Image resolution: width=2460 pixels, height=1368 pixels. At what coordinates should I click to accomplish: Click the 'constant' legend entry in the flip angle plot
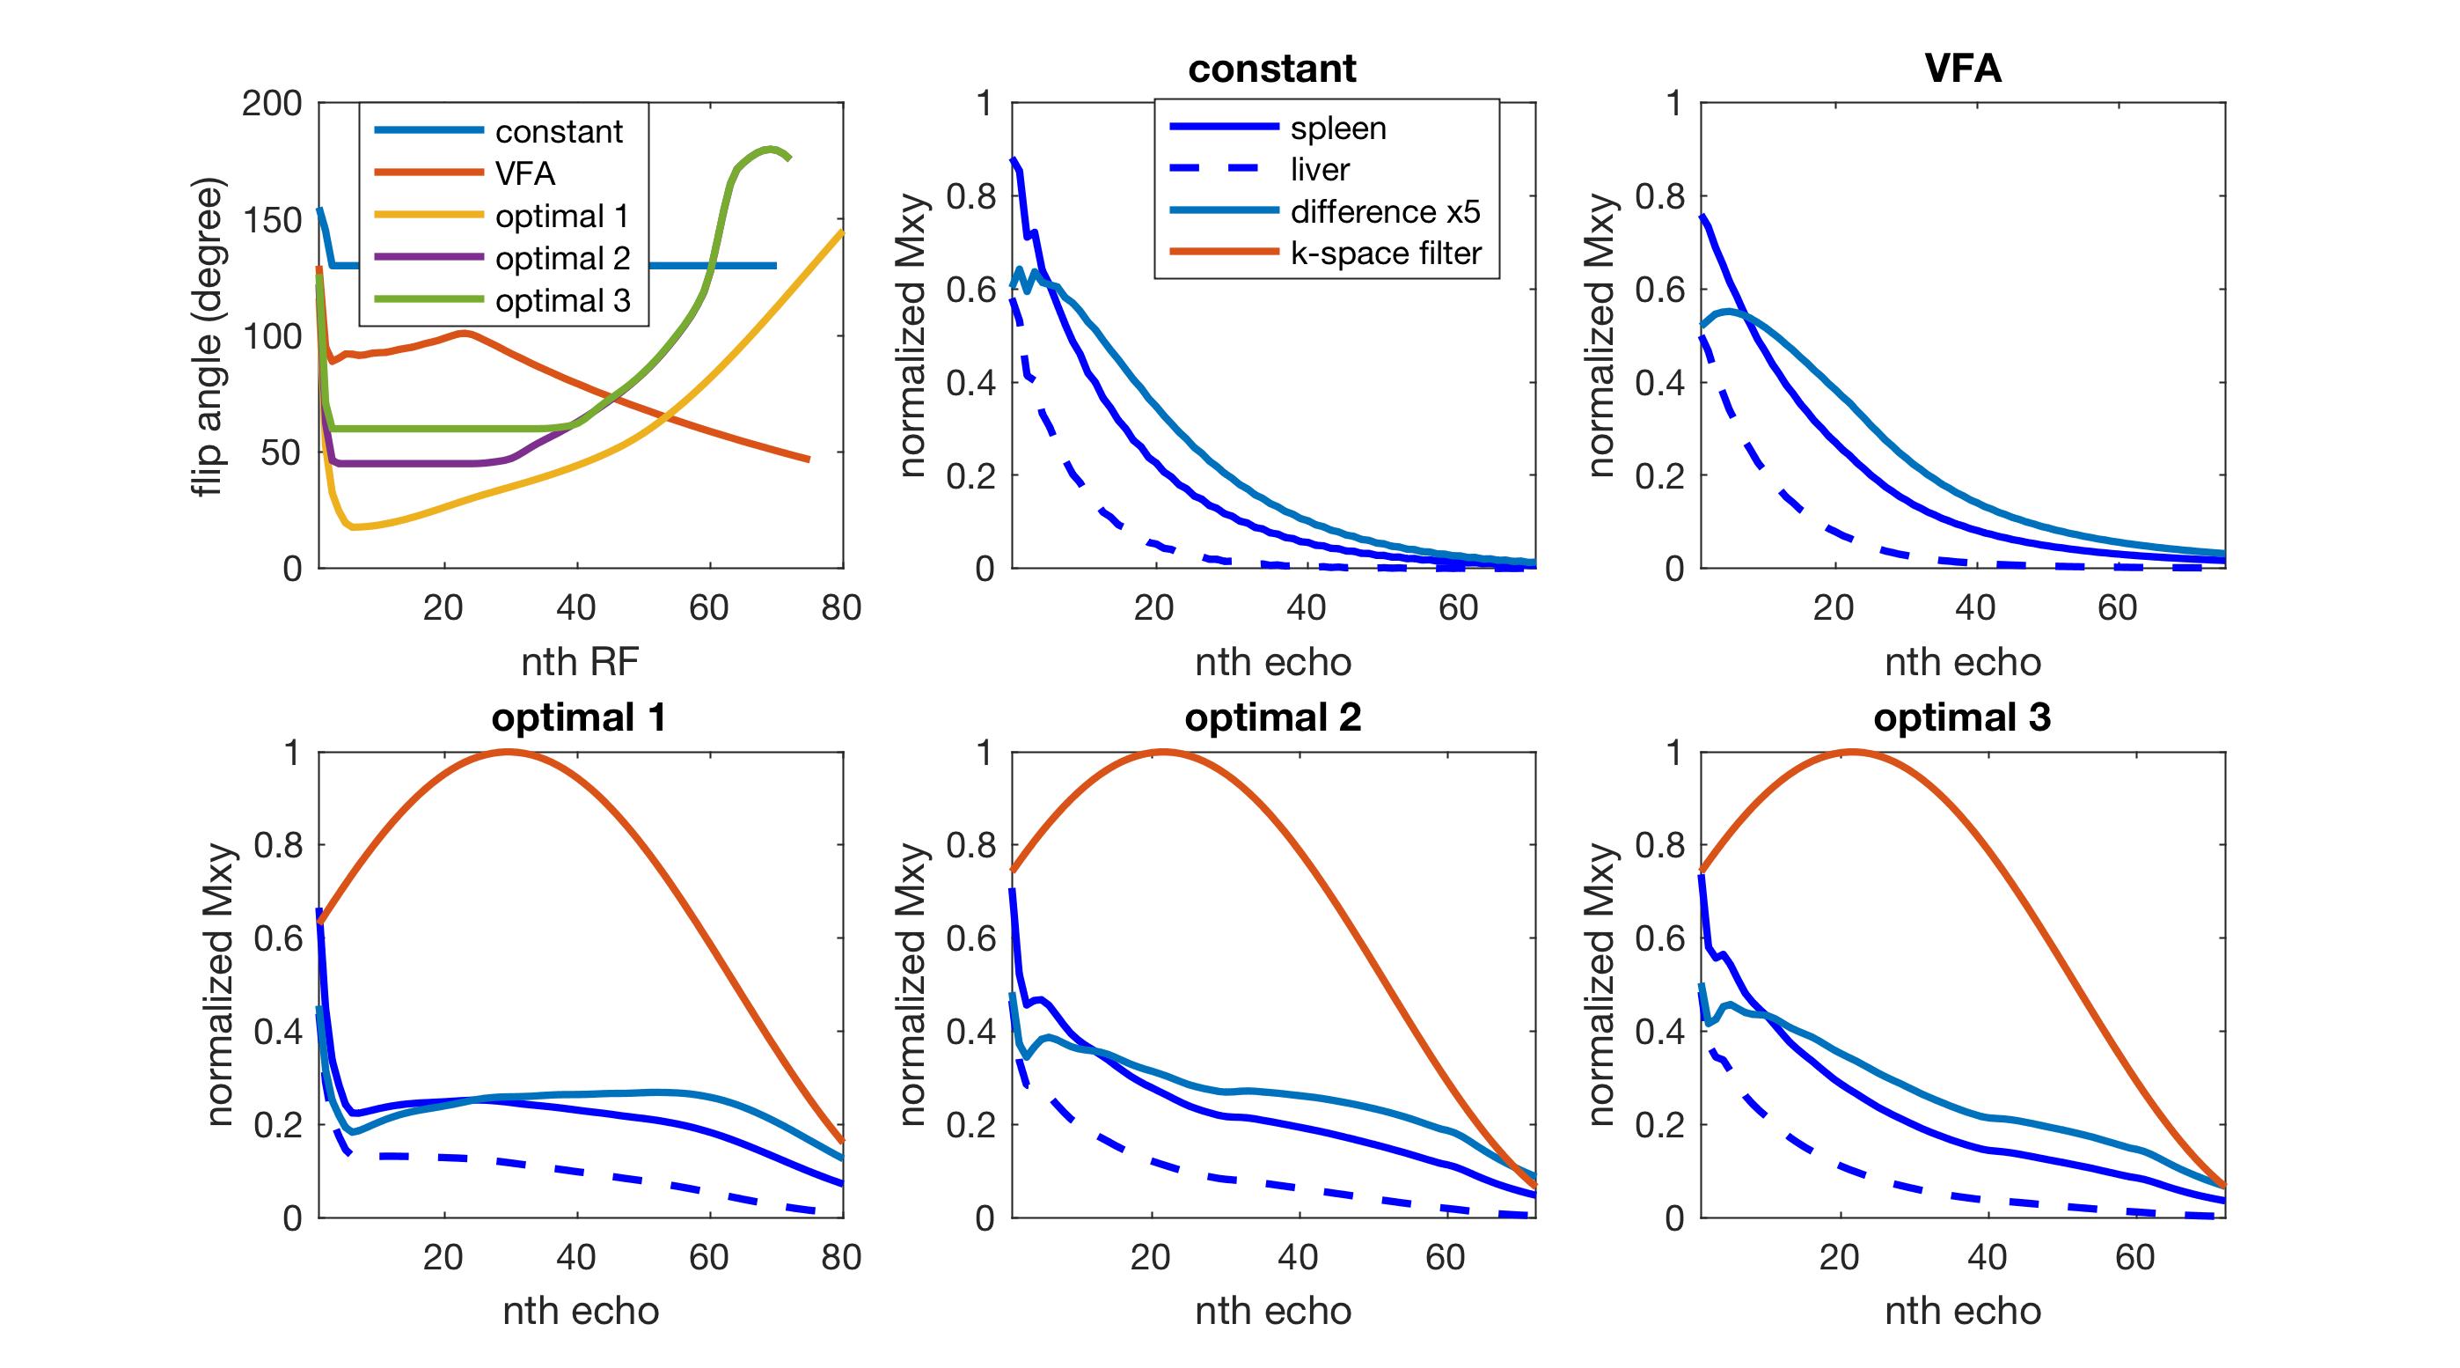tap(558, 132)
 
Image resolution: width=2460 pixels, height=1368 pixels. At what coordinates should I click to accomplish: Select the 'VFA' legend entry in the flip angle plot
tap(524, 174)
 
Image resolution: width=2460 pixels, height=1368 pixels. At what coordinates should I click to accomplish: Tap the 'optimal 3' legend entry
tap(562, 301)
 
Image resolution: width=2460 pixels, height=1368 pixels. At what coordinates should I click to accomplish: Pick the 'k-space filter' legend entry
tap(1386, 254)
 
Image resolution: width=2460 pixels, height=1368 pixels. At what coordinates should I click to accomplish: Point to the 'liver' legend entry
tap(1320, 170)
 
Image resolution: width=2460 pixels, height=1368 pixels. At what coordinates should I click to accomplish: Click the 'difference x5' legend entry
tap(1385, 211)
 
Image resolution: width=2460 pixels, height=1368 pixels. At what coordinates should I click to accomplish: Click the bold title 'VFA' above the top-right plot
tap(1963, 69)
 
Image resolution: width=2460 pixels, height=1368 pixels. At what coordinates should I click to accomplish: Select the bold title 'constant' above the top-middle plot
tap(1272, 69)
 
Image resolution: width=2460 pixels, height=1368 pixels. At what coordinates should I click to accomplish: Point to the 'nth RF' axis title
tap(580, 662)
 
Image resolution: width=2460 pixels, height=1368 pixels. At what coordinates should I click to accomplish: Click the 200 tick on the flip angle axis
tap(271, 103)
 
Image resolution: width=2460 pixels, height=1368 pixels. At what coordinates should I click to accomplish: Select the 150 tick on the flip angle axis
tap(271, 220)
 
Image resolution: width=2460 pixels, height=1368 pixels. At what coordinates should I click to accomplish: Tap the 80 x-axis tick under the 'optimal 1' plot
tap(841, 1257)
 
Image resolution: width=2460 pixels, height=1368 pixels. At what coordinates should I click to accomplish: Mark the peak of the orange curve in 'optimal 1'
tap(506, 752)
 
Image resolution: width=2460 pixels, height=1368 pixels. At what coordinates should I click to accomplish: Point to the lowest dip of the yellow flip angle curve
tap(355, 527)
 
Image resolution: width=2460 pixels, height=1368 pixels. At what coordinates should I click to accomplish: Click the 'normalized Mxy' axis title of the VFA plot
tap(1600, 336)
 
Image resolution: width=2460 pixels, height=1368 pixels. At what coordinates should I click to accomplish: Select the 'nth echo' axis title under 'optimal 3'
tap(1963, 1311)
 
